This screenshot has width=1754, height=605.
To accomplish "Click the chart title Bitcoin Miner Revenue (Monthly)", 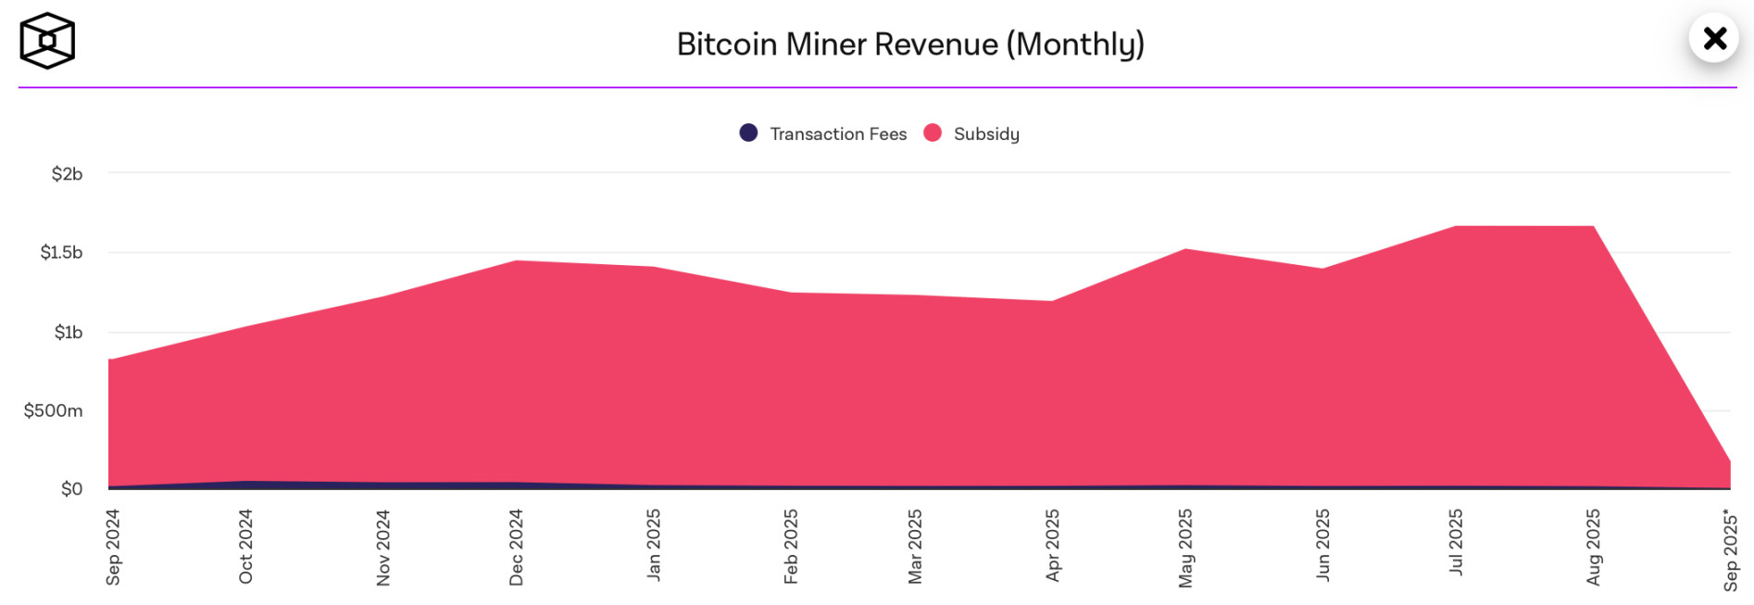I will pos(910,44).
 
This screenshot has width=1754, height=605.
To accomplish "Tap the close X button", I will pos(1714,38).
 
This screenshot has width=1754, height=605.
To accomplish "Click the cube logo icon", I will pos(47,41).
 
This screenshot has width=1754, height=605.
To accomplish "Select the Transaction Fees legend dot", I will pos(748,133).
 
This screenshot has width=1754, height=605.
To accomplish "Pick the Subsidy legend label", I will pos(986,134).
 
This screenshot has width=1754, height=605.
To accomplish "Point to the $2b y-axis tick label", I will pos(67,174).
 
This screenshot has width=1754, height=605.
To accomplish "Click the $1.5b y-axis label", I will pos(61,252).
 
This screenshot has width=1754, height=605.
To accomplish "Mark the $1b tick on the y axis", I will pos(68,332).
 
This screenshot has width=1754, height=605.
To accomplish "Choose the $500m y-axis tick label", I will pos(53,410).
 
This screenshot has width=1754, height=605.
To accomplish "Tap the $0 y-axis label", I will pos(71,488).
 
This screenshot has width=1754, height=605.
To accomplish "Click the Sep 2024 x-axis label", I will pos(113,547).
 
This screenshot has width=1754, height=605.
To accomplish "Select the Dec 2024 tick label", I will pos(516,547).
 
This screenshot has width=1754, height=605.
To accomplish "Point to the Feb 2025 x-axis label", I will pos(790,547).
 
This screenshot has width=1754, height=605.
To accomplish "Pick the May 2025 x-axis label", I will pos(1185,548).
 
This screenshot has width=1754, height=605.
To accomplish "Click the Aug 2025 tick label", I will pos(1593,547).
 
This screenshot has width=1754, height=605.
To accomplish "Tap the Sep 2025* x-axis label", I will pos(1730,549).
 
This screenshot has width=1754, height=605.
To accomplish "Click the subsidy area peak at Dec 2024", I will pos(516,261).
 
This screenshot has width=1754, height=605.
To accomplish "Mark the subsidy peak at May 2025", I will pos(1185,249).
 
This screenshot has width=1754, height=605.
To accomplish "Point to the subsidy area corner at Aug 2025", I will pos(1593,227).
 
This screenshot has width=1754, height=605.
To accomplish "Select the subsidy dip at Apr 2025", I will pos(1052,301).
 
